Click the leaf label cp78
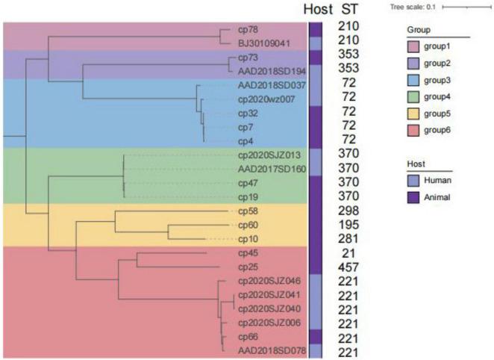coord(248,31)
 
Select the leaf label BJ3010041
coord(258,43)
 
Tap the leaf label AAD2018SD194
coord(268,70)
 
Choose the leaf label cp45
coord(248,253)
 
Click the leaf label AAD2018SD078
coord(268,350)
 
